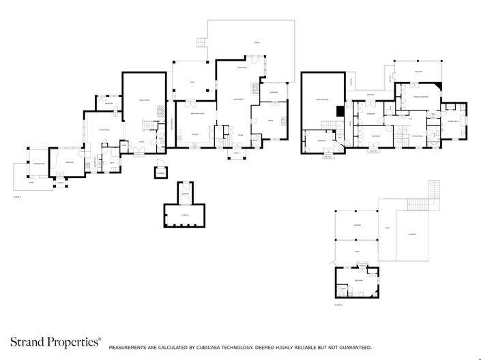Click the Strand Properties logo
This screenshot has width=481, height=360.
click(55, 342)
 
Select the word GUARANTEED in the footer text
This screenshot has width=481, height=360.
click(352, 347)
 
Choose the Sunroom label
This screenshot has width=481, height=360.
click(274, 91)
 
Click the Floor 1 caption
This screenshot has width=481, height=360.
click(18, 196)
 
